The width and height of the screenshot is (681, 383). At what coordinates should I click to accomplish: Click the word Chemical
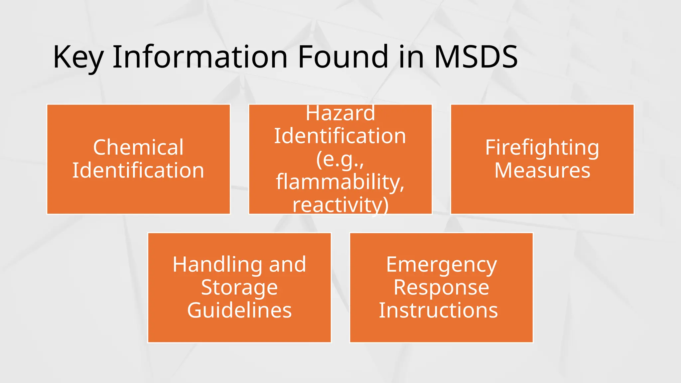tap(138, 147)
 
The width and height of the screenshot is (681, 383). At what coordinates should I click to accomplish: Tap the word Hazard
tap(340, 113)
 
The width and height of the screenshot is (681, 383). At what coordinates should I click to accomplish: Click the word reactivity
tap(340, 205)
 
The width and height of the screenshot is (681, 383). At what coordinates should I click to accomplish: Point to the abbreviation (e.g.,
tap(340, 159)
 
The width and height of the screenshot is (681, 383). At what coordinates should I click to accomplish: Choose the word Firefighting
tap(542, 148)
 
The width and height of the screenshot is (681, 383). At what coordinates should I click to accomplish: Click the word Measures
tap(542, 170)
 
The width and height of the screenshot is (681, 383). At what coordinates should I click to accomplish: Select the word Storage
tap(239, 288)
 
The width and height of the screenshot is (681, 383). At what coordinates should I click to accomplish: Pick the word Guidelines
tap(239, 310)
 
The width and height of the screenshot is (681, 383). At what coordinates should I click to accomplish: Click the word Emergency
tap(441, 265)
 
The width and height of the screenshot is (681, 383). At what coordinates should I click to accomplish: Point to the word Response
tap(441, 288)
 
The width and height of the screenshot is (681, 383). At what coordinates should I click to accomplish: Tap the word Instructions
tap(438, 310)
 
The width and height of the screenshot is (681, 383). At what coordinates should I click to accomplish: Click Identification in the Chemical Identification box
tap(138, 170)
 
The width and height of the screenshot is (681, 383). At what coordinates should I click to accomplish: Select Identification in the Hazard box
tap(340, 136)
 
